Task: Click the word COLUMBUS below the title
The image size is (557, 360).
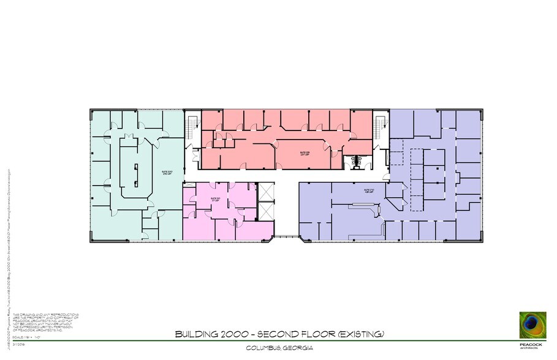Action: [263, 348]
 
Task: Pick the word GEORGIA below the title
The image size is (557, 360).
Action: [297, 348]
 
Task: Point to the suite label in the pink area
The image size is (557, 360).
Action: [214, 200]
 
